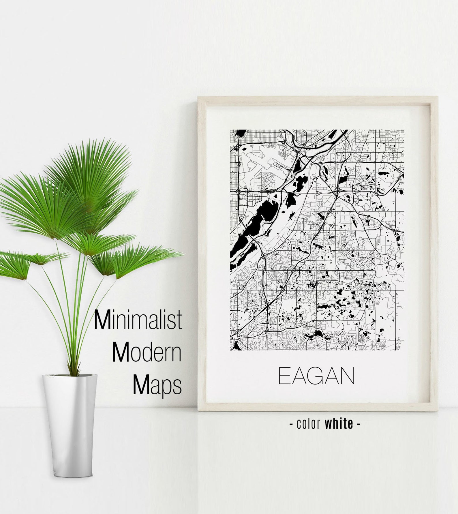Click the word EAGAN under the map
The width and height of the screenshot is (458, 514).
click(316, 376)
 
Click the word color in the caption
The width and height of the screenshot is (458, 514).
click(309, 424)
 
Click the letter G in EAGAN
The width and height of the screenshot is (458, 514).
click(316, 376)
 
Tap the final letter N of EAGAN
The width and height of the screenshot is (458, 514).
click(348, 376)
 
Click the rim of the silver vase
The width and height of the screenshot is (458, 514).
click(70, 376)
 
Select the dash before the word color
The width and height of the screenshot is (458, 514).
click(291, 424)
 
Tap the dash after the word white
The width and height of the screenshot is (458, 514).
click(358, 424)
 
